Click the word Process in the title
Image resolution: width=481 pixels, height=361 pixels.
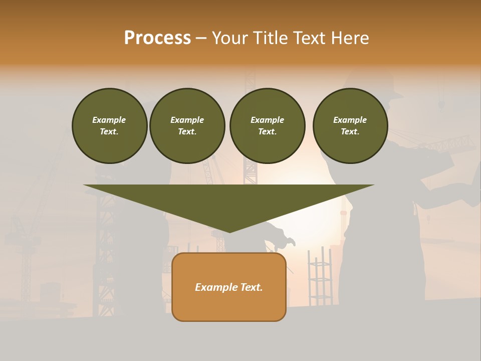point(157,38)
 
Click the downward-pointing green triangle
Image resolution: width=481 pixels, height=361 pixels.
point(228,201)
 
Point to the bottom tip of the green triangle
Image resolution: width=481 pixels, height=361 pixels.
point(229,231)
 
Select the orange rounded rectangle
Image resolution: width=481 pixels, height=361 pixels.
point(229,306)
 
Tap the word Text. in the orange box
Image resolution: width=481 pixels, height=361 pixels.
point(251,287)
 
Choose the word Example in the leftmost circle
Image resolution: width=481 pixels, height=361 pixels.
point(109,120)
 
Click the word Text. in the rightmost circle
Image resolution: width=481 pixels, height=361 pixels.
point(350,131)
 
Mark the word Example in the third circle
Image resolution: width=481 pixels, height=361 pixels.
point(267,120)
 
